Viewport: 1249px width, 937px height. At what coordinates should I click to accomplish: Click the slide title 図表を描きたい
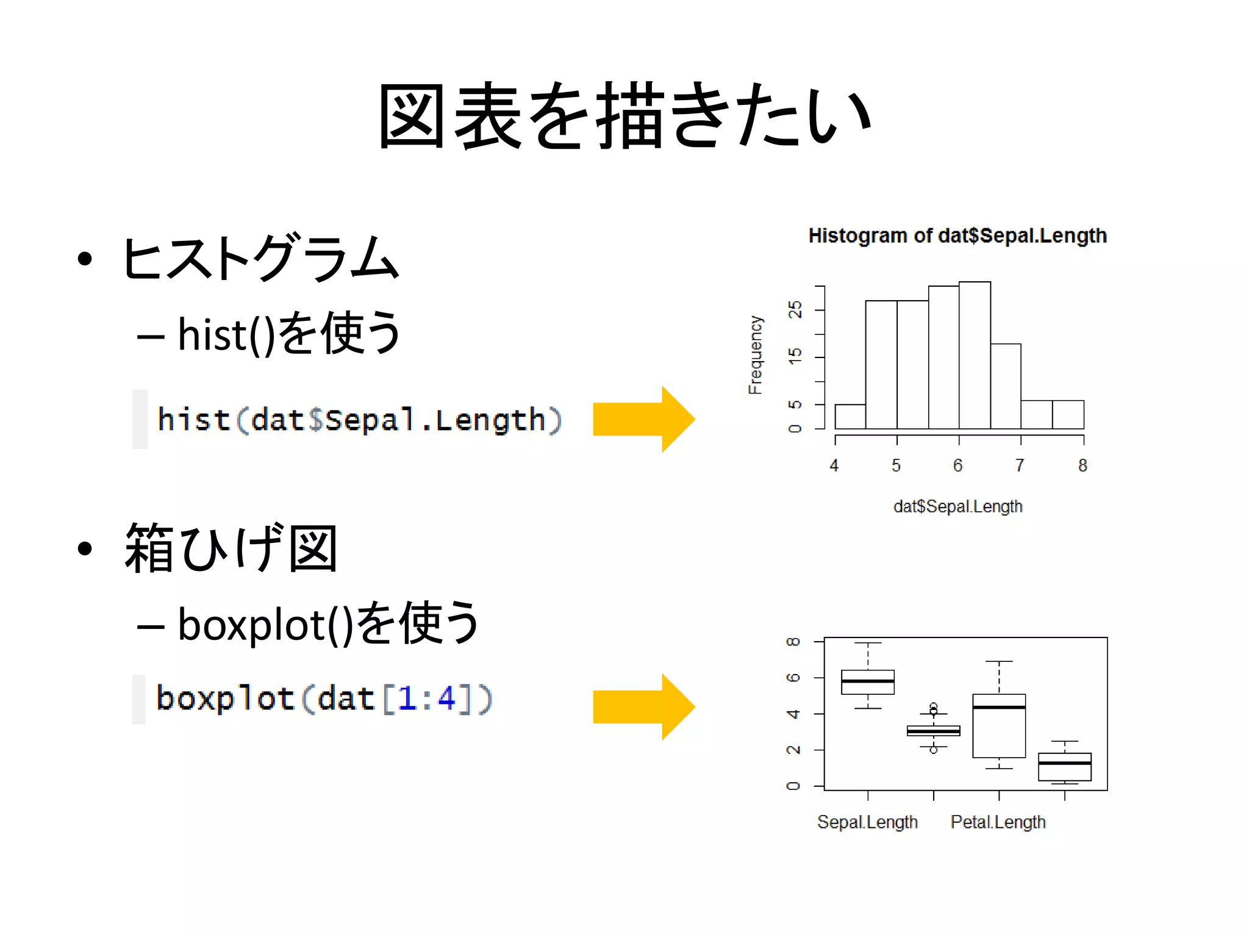pos(624,116)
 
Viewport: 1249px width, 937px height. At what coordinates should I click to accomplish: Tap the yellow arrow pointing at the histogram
pos(643,419)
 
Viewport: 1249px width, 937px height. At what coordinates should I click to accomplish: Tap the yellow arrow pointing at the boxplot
pos(643,707)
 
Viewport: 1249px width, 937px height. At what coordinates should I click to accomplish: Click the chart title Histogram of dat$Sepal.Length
pos(957,235)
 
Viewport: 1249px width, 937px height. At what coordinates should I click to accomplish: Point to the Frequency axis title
pos(755,355)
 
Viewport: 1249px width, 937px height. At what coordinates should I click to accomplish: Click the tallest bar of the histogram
pos(975,355)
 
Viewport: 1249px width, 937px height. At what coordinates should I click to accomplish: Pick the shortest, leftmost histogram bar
pos(850,417)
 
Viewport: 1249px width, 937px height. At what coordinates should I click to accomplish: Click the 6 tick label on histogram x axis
pos(958,466)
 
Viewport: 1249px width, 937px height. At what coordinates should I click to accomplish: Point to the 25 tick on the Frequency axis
pos(795,309)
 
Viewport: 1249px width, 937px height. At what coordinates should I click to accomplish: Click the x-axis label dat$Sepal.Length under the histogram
pos(957,506)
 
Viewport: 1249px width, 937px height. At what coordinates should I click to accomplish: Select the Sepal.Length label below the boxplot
pos(867,822)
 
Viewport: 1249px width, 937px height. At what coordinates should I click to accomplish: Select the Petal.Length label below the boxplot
pos(998,822)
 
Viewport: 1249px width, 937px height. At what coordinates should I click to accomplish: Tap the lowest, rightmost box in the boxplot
pos(1065,767)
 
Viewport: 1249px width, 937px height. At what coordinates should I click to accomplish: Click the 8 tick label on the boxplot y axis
pos(793,642)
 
